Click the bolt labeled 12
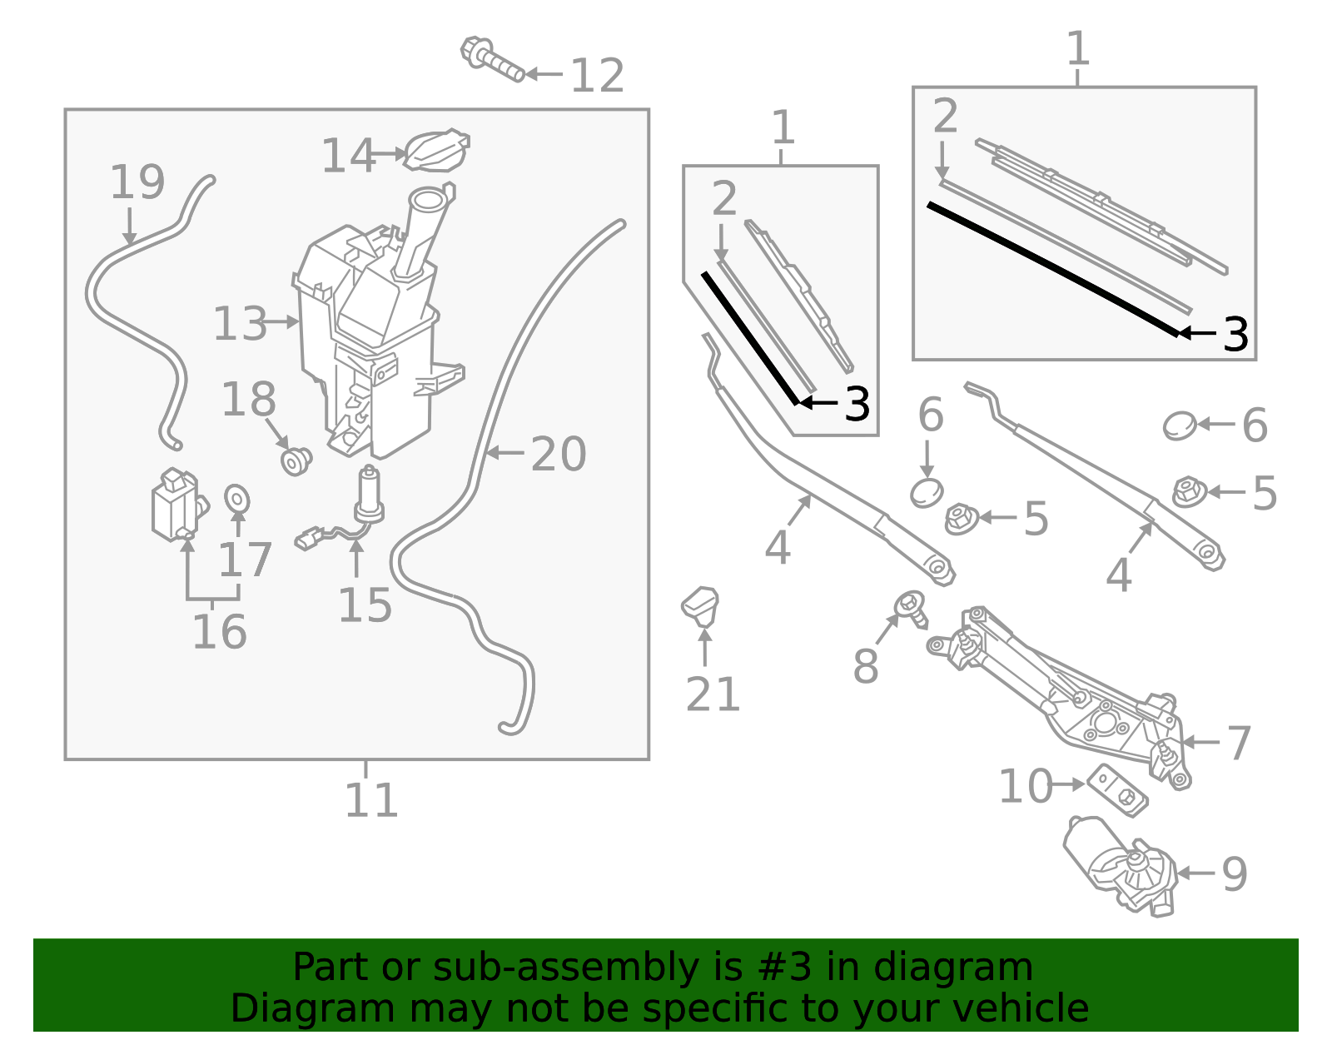tap(491, 60)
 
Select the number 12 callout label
tap(597, 77)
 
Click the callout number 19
tap(137, 182)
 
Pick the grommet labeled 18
tap(296, 460)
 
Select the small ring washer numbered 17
tap(237, 499)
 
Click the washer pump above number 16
tap(176, 505)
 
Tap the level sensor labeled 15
tap(368, 500)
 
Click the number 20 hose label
tap(559, 455)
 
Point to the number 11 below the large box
tap(371, 801)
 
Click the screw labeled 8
tap(911, 608)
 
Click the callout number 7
tap(1238, 743)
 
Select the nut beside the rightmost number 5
tap(1189, 492)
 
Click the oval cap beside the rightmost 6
tap(1179, 425)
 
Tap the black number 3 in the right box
tap(1235, 335)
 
